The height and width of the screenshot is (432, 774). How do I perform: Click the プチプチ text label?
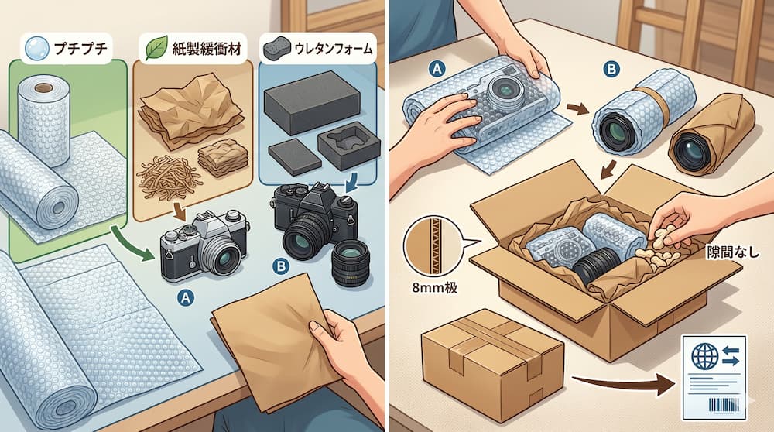[x=80, y=49]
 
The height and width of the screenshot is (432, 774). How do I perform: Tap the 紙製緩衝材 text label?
[x=207, y=49]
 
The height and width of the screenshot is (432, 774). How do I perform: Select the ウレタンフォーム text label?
[x=333, y=49]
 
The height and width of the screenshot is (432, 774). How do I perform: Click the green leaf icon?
[x=156, y=49]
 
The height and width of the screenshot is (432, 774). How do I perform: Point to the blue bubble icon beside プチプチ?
[x=37, y=49]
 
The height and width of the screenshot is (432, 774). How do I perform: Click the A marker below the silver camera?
[x=186, y=297]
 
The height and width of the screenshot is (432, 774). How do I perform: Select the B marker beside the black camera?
[x=280, y=266]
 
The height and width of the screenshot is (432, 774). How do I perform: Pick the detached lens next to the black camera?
[x=351, y=263]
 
